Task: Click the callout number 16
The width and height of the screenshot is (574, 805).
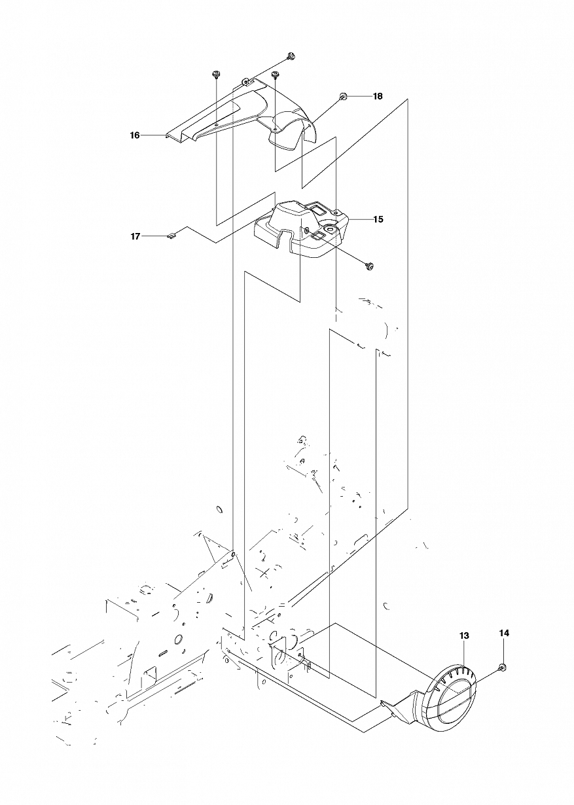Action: (x=135, y=135)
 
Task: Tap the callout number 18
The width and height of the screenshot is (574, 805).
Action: (x=378, y=96)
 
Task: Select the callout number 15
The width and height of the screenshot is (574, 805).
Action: (x=378, y=219)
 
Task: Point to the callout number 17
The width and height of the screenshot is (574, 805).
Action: (x=135, y=236)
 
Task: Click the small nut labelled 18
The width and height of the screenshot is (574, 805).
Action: (x=343, y=96)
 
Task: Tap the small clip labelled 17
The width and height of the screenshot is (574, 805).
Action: (x=171, y=236)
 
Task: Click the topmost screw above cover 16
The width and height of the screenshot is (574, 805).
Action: (x=291, y=56)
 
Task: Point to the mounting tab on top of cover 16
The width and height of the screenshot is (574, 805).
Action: (x=246, y=82)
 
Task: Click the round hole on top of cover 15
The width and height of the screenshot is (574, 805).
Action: (x=330, y=228)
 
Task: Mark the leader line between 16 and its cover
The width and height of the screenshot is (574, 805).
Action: (x=153, y=135)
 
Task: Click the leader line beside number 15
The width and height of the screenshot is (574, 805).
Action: (x=361, y=219)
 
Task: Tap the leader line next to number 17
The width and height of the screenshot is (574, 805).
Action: (x=154, y=236)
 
